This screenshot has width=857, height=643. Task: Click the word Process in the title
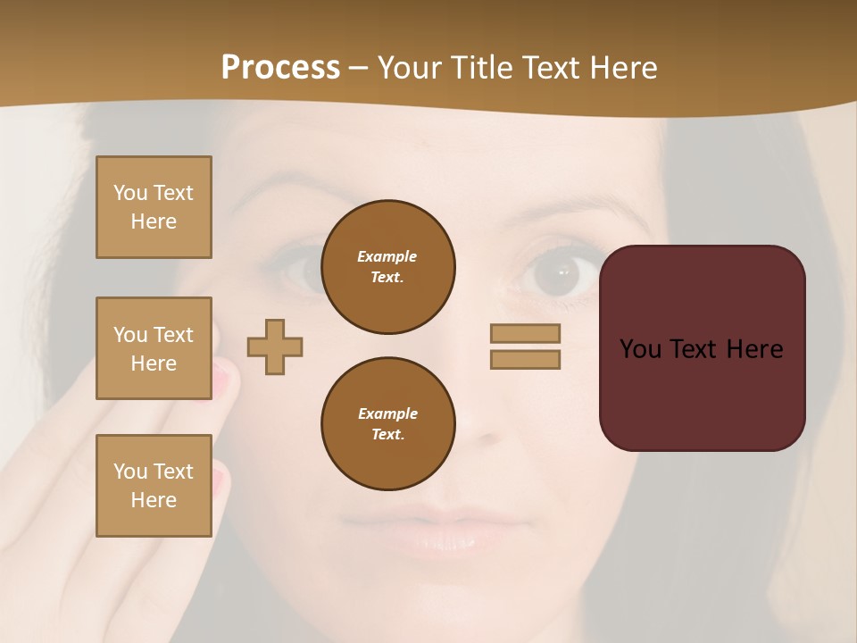tap(280, 68)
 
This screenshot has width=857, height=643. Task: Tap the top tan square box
tap(154, 207)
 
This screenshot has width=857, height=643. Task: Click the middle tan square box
tap(154, 348)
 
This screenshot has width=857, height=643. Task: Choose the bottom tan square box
tap(154, 485)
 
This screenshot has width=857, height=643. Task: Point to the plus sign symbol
tap(275, 347)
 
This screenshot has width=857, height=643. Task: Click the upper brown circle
tap(387, 267)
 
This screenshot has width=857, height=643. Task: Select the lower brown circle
tap(387, 424)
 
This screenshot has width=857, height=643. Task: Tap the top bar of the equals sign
tap(525, 333)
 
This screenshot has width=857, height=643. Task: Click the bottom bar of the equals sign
tap(525, 360)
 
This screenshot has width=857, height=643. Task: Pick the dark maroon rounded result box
tap(702, 393)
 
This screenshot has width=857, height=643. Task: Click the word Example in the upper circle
tap(387, 256)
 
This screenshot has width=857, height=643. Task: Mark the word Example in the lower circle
tap(387, 413)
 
